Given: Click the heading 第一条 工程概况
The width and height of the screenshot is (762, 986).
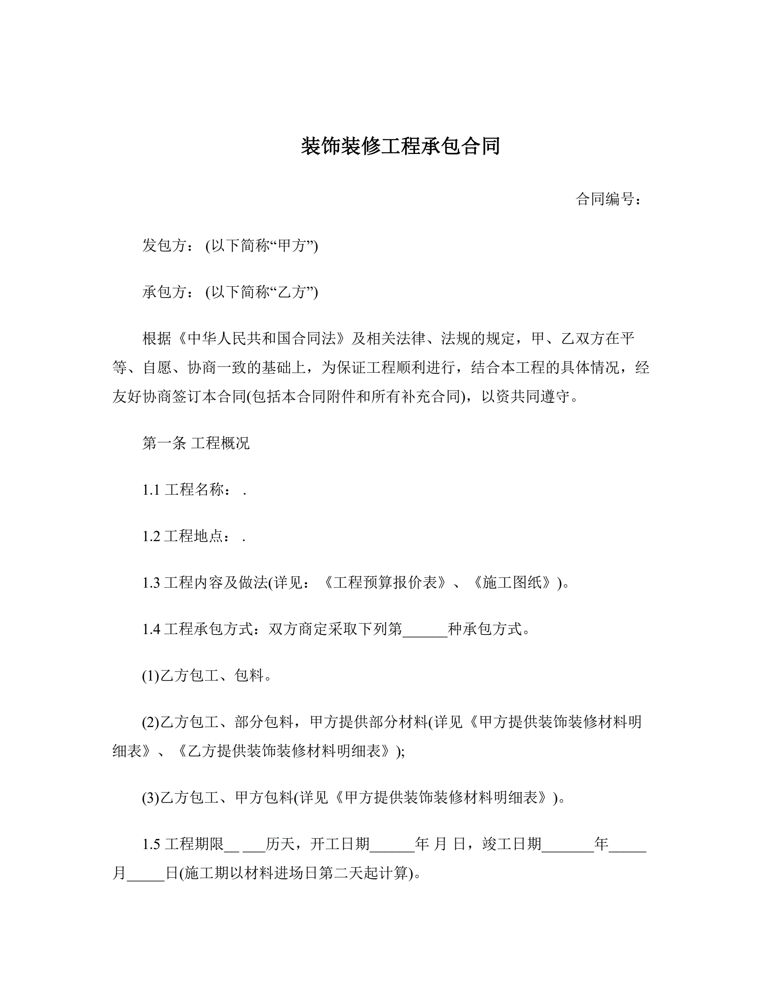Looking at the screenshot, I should click(x=195, y=443).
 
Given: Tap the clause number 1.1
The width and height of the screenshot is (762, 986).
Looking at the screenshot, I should click(x=151, y=490).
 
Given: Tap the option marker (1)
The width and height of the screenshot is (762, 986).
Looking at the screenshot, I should click(x=151, y=676).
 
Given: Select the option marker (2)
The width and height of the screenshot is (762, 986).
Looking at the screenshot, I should click(x=151, y=723).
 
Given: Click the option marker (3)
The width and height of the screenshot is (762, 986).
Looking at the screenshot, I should click(x=151, y=798).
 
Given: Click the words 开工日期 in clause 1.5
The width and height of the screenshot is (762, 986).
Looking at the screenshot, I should click(x=339, y=844).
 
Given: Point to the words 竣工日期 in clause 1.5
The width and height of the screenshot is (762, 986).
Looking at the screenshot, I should click(x=511, y=844).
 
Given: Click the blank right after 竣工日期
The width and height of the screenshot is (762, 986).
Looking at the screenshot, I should click(x=567, y=846).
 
